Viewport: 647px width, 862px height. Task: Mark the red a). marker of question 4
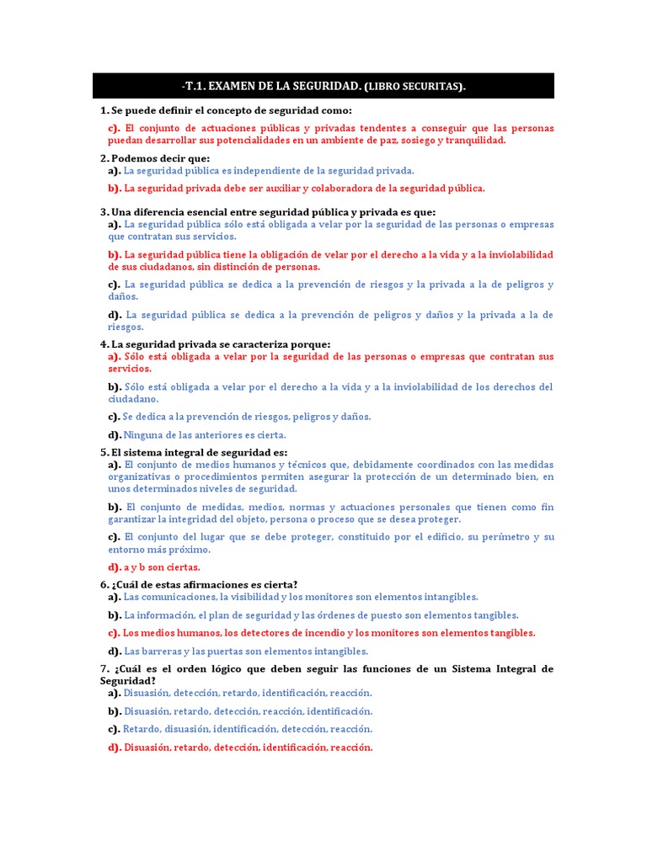[x=115, y=357]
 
